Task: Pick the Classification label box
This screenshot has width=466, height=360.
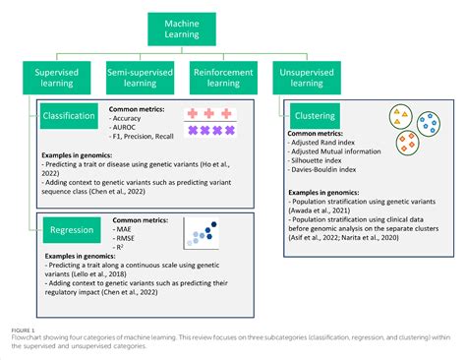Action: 69,115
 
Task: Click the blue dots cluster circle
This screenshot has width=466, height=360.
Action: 428,125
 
